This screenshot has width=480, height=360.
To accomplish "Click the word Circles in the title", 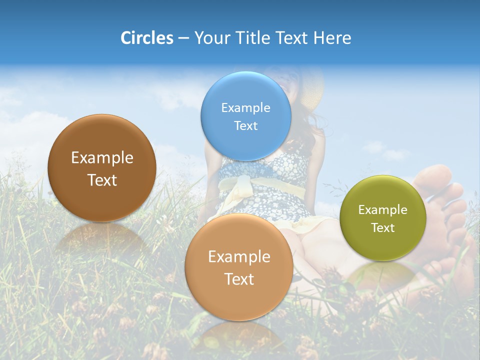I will click(x=146, y=38).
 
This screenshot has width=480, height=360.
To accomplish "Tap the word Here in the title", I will click(x=332, y=38).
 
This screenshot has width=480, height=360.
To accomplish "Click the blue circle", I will click(x=245, y=116).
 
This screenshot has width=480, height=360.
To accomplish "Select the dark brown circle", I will click(x=102, y=168).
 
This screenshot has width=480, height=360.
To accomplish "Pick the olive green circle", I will click(x=383, y=218).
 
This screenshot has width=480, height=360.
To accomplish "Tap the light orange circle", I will click(x=239, y=267).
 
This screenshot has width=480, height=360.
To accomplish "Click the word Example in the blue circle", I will click(x=245, y=107).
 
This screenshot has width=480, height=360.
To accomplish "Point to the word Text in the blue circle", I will click(x=245, y=125).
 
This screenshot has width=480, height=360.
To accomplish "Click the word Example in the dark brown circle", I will click(x=102, y=158).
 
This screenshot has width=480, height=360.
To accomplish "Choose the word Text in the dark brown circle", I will click(x=102, y=180).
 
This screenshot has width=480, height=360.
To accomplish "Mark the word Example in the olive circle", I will click(x=383, y=209).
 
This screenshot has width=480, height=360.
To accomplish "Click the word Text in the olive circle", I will click(x=383, y=227).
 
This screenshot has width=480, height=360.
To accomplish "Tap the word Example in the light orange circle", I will click(x=239, y=256).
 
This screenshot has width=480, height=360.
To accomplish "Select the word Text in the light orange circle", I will click(x=239, y=278).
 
